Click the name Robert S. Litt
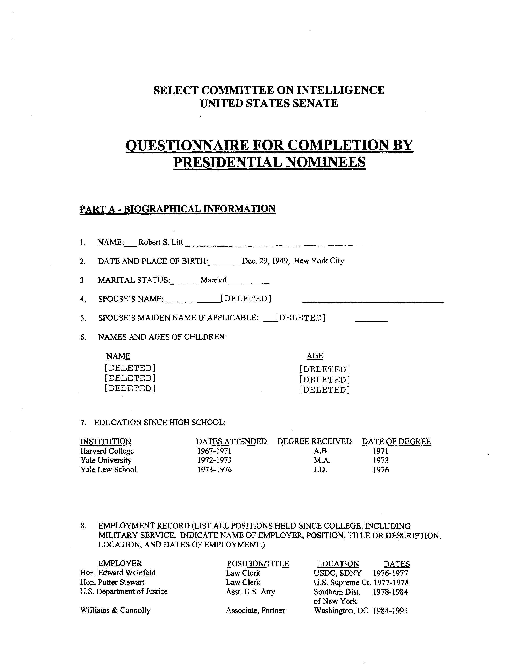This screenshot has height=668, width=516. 160,242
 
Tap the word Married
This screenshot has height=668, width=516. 213,280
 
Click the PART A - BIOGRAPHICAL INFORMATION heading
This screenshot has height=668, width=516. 177,209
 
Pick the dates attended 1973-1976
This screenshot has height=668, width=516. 214,470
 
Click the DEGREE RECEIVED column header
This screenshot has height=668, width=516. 314,442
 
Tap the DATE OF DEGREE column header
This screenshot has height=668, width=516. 396,442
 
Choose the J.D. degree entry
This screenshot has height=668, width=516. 320,470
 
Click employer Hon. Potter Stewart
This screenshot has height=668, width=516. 112,582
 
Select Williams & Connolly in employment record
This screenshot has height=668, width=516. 115,611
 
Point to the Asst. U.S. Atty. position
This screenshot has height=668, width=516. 251,592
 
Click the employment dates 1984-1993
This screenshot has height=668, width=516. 390,611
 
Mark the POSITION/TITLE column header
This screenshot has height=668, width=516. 258,564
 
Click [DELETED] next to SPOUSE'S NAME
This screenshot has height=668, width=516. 246,299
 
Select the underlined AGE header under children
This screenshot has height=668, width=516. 315,356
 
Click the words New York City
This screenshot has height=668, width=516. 319,261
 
